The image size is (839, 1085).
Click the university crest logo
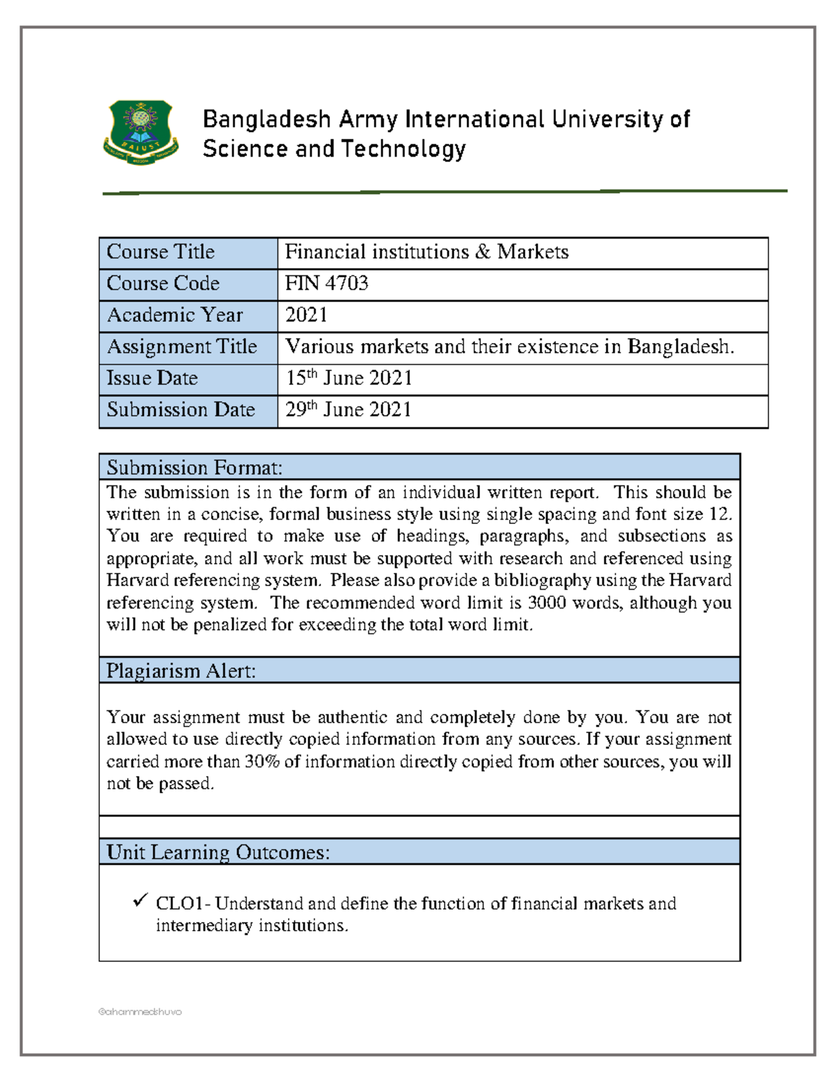(x=141, y=132)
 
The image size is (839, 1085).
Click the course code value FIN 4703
(x=327, y=283)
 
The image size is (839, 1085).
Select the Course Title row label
(x=161, y=252)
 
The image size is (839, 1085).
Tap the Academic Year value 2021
(x=306, y=315)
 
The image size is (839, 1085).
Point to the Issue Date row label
(x=152, y=378)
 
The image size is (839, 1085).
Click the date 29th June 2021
(x=348, y=409)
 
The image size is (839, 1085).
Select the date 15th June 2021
(x=349, y=378)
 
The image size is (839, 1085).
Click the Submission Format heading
(x=194, y=467)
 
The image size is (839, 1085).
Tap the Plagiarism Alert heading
(x=181, y=671)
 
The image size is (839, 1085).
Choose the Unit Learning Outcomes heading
(x=218, y=852)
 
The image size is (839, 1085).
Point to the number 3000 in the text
(x=547, y=602)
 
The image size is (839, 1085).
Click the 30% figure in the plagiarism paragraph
(x=262, y=762)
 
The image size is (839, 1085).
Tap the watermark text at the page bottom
(x=140, y=1012)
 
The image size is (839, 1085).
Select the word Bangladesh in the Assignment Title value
(x=680, y=347)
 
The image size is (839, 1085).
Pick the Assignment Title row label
(x=182, y=347)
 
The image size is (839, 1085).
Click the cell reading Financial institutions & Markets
(x=426, y=252)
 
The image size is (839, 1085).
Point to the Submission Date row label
(x=180, y=409)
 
